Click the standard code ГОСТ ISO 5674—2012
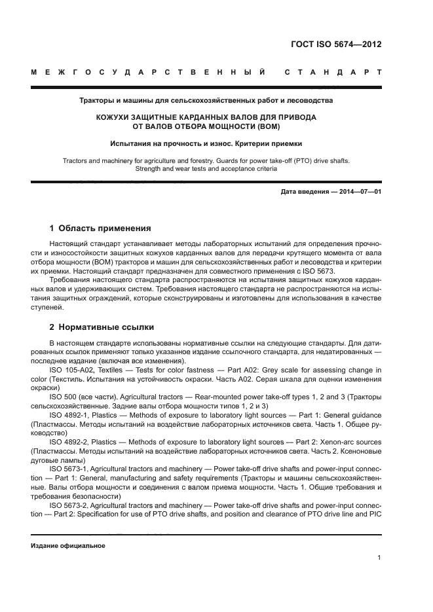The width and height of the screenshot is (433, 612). coord(335,45)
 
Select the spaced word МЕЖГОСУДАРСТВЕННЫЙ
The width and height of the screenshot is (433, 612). coord(148,71)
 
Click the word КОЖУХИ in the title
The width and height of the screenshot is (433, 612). coord(117,117)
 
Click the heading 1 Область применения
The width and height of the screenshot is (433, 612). coord(100,228)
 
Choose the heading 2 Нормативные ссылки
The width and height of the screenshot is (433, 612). coord(102,327)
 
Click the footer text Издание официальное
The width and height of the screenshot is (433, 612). coord(68,546)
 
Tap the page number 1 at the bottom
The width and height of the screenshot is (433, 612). coord(379,557)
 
